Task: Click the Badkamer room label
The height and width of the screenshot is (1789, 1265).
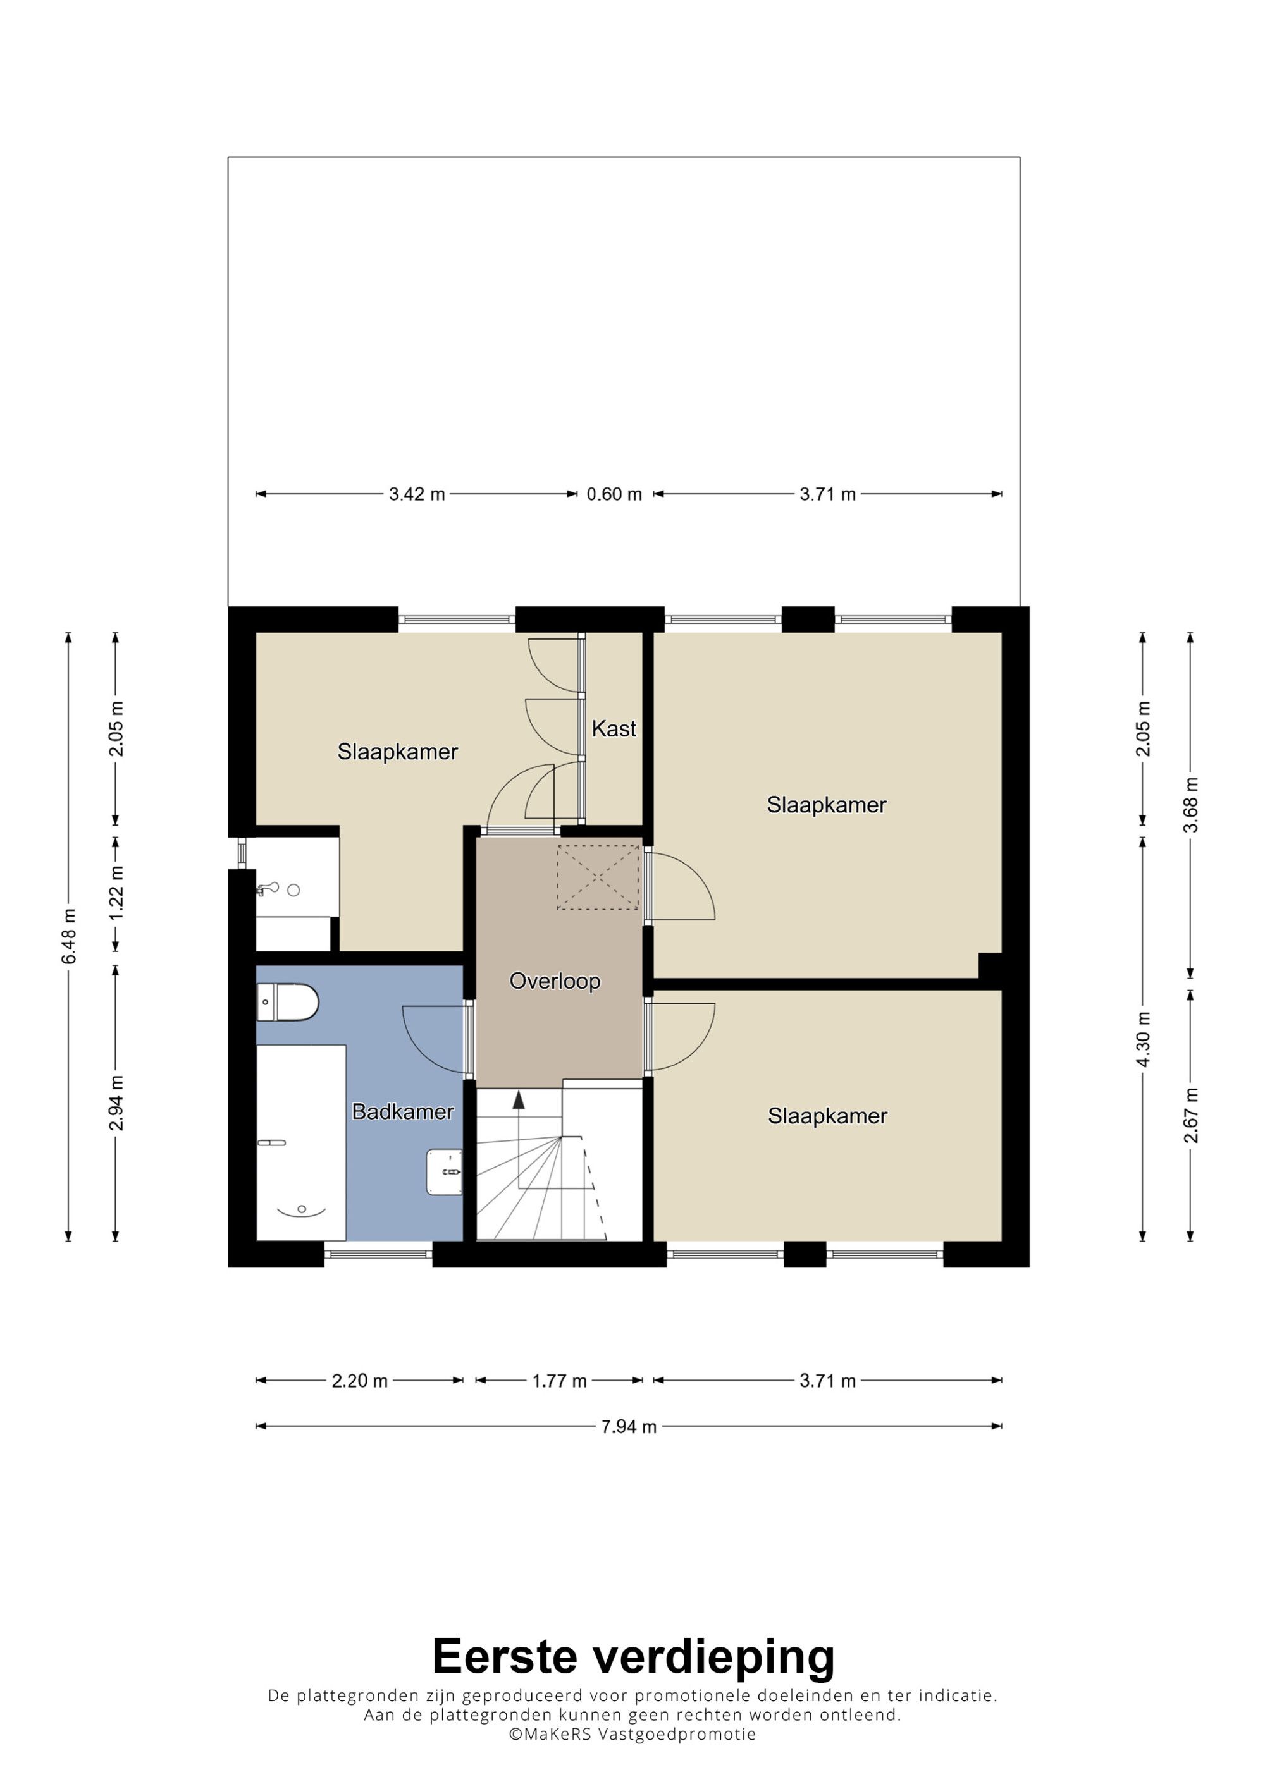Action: tap(403, 1111)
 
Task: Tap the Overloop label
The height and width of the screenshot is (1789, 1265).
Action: tap(555, 981)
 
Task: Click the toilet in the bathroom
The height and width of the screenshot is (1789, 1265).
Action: tap(288, 1002)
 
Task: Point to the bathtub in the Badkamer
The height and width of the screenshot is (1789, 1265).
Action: tap(301, 1143)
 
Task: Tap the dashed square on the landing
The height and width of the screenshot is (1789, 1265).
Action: tap(598, 877)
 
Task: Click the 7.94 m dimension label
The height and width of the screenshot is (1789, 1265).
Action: tap(629, 1427)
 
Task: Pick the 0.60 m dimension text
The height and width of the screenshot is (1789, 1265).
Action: tap(614, 494)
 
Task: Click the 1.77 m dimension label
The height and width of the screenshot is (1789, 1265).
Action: tap(560, 1381)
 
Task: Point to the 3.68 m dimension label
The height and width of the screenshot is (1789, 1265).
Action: tap(1190, 805)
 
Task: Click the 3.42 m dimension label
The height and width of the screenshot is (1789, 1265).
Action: tap(417, 494)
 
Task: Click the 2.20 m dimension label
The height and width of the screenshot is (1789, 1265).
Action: tap(359, 1381)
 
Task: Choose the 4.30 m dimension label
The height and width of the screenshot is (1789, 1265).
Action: tap(1144, 1039)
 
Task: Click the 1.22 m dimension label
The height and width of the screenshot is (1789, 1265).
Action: tap(116, 893)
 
